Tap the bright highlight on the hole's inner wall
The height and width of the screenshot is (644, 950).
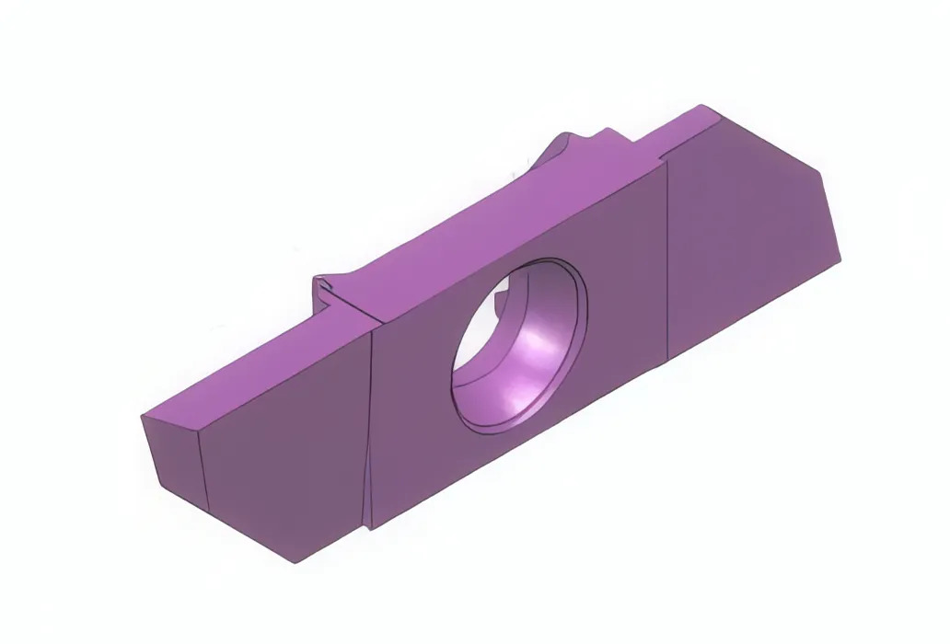[539, 345]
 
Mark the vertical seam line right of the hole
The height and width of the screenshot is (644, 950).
[666, 258]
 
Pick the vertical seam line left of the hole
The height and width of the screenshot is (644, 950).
[370, 423]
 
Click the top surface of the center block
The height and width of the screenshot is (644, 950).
[497, 221]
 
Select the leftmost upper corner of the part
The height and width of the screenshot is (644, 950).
[143, 417]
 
